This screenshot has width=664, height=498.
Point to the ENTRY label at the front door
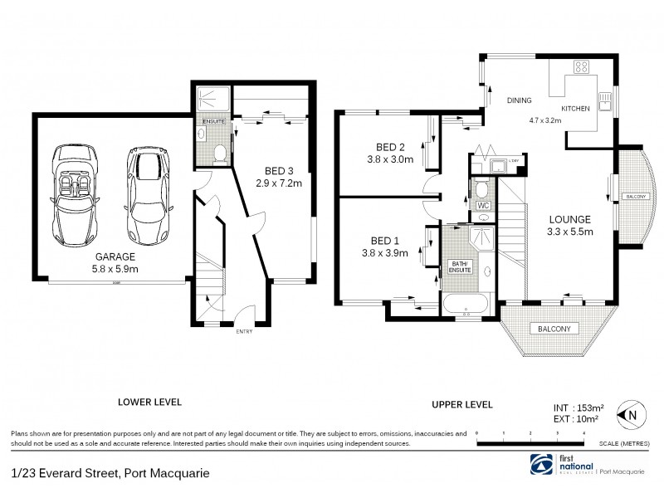(x=246, y=332)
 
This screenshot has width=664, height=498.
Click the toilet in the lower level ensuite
(x=219, y=153)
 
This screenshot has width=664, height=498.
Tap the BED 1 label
(x=383, y=241)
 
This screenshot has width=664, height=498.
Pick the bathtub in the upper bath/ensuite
(x=466, y=305)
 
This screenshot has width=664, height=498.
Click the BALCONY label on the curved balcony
(x=635, y=196)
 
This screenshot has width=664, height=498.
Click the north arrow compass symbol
(x=632, y=413)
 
